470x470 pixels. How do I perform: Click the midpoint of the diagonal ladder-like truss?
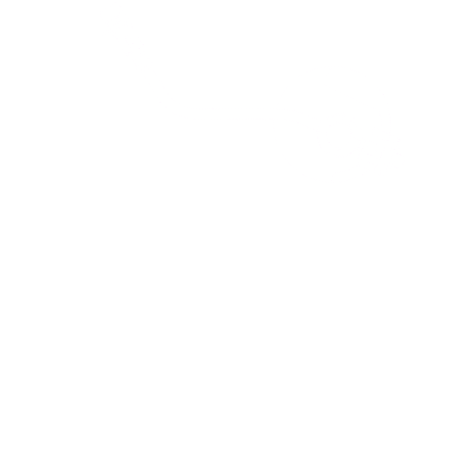[x=138, y=49]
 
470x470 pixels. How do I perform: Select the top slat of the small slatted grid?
[x=382, y=136]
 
